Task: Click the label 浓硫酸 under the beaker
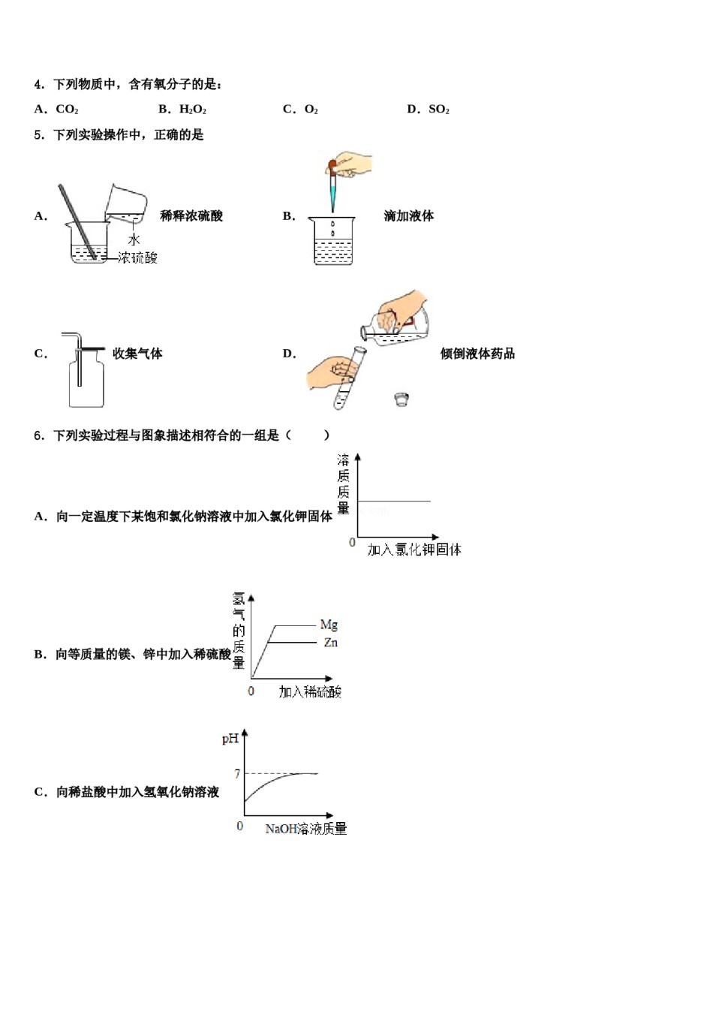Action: point(138,258)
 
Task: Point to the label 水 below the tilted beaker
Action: point(134,239)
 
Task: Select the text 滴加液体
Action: point(409,216)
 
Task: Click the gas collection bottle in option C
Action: point(86,383)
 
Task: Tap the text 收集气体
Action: point(137,354)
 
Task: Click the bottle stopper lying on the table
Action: point(402,399)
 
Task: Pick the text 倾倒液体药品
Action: point(477,354)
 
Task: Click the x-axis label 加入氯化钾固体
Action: point(414,550)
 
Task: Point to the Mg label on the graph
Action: point(329,625)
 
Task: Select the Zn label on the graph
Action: point(330,643)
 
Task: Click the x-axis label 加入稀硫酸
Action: point(310,691)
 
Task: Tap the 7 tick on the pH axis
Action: point(237,773)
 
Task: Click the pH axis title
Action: point(230,739)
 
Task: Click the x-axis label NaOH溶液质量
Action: point(306,829)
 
